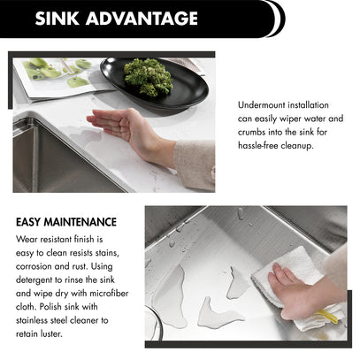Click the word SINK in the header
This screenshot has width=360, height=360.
57,19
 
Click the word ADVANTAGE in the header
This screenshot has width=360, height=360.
142,19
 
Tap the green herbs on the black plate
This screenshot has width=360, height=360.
148,77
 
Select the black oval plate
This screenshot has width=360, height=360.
154,83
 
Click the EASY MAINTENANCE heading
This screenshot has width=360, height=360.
66,222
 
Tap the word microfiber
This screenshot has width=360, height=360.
109,294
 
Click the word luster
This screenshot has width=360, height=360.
54,334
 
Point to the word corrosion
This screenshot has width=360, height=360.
34,266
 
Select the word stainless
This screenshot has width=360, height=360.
32,320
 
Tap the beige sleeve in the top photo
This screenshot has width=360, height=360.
195,165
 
